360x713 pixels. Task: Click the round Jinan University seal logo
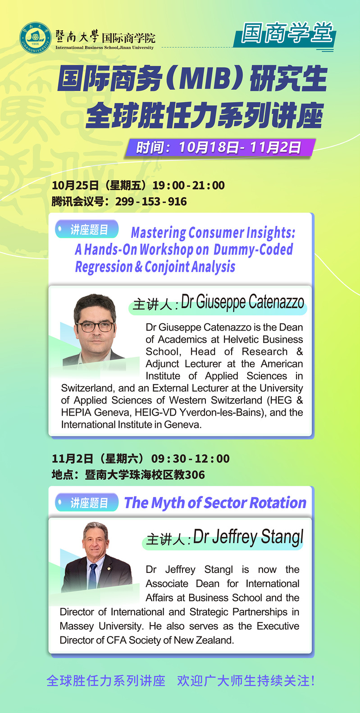click(35, 37)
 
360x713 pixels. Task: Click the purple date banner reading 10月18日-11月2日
click(220, 147)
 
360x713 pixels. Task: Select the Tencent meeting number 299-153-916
click(151, 201)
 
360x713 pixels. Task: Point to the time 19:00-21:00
click(188, 185)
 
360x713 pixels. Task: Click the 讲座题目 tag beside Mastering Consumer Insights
click(87, 229)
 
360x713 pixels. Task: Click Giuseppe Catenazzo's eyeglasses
click(95, 327)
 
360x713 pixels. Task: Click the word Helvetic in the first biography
click(241, 339)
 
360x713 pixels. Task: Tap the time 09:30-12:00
click(190, 459)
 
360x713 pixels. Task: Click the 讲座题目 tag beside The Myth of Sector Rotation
click(87, 503)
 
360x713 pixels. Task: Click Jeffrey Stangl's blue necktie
click(93, 576)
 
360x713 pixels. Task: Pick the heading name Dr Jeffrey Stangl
click(248, 537)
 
